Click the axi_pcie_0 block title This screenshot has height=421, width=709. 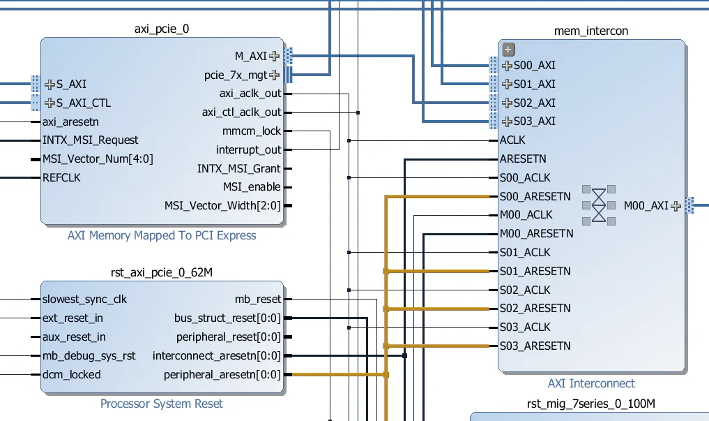click(161, 29)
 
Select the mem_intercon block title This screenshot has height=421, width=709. click(590, 31)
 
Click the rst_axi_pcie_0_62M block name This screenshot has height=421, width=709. click(161, 272)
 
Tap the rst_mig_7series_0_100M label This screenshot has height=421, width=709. click(591, 404)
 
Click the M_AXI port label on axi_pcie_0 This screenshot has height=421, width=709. click(250, 56)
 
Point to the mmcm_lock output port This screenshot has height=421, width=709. click(251, 131)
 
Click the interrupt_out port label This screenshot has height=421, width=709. click(248, 149)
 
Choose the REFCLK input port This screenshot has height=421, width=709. click(61, 177)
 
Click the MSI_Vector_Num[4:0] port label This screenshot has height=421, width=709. click(98, 158)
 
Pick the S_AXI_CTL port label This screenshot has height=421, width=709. click(83, 103)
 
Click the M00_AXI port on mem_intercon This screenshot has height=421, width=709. click(646, 205)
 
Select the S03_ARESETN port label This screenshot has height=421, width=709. click(535, 346)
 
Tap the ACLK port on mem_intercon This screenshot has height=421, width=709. click(512, 140)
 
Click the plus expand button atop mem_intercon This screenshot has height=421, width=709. click(508, 49)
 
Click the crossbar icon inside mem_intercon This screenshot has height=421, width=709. click(599, 205)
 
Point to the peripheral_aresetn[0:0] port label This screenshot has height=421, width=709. click(222, 375)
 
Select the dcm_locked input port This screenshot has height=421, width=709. click(71, 374)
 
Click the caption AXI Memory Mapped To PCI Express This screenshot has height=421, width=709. click(162, 235)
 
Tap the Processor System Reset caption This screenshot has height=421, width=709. click(162, 404)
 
